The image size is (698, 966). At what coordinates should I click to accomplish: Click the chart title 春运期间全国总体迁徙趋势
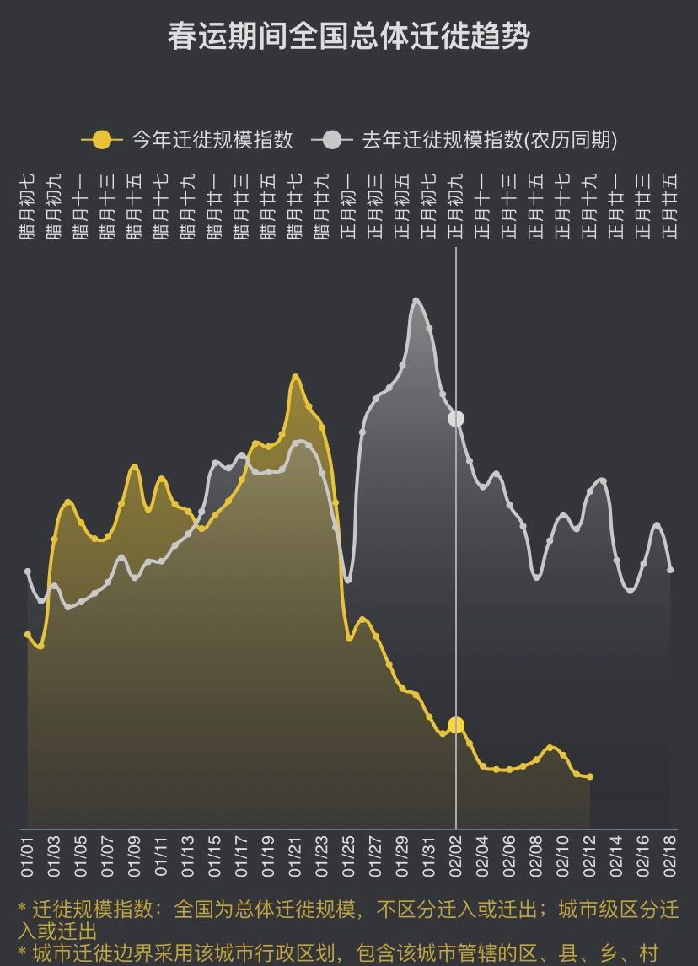348,38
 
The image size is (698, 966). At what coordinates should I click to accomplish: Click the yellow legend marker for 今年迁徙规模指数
101,140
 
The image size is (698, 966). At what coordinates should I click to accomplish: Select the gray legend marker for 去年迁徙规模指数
333,140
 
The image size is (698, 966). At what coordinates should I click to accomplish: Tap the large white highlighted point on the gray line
456,418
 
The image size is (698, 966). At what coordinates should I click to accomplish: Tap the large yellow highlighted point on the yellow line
456,724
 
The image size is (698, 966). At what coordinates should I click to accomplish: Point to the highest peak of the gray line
416,300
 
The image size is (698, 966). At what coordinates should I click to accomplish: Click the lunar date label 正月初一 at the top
349,207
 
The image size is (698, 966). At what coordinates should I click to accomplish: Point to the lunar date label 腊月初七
28,207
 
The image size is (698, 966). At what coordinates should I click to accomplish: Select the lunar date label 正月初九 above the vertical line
456,207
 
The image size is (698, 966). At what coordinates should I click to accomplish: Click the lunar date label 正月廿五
671,207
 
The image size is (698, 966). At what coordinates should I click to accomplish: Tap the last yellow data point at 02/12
590,776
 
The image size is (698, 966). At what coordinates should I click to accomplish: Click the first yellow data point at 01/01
28,635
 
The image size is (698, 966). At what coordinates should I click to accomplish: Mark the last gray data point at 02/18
671,570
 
